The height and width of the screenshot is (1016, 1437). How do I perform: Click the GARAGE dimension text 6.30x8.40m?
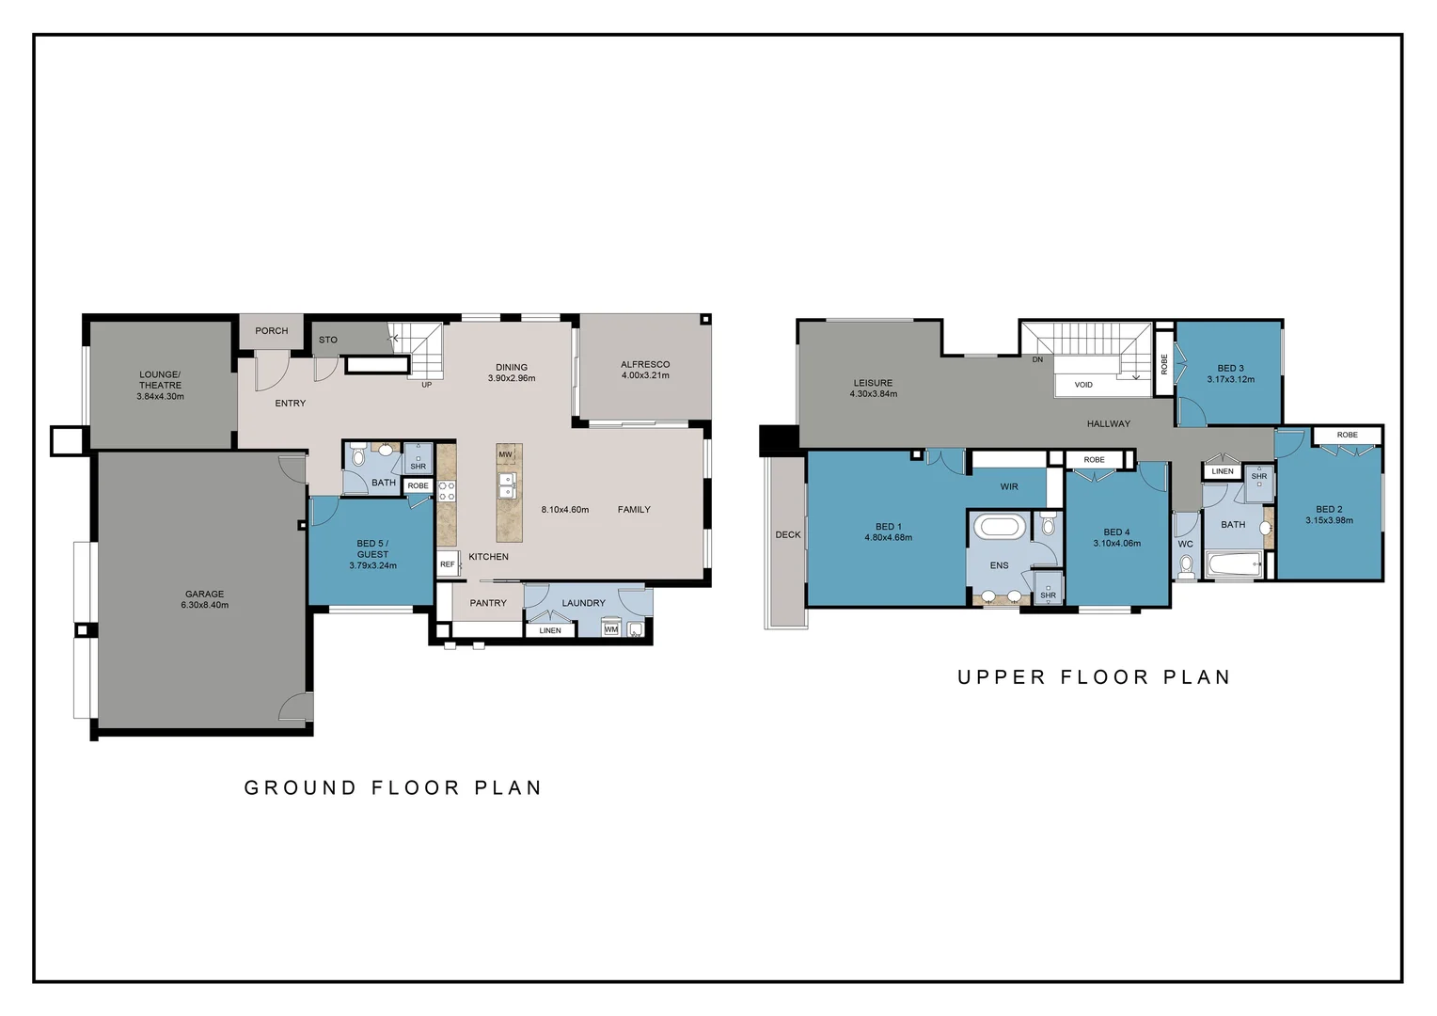pos(204,605)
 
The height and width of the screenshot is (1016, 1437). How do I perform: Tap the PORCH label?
pos(271,331)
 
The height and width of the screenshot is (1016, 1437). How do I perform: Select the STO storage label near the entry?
pos(327,340)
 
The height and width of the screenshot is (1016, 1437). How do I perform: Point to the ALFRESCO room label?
pos(645,365)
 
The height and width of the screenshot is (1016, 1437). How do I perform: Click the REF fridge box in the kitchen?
pos(448,564)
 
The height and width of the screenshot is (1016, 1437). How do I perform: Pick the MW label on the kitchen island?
pos(505,454)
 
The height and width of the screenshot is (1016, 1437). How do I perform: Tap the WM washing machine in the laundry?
pos(611,629)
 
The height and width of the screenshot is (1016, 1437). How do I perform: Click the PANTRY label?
pos(488,603)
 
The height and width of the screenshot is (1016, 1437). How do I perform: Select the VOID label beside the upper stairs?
pos(1083,385)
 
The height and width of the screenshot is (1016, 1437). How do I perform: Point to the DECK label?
pos(788,534)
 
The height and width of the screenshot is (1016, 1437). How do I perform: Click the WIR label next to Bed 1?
pos(1009,486)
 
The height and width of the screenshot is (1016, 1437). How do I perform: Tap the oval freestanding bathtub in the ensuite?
pos(999,526)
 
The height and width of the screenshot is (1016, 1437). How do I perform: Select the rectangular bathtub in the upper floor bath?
pos(1234,565)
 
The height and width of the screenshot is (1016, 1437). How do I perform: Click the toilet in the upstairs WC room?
pos(1186,564)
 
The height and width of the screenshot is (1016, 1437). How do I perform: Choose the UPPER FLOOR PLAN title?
pos(1094,677)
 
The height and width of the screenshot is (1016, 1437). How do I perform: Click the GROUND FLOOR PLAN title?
pos(393,787)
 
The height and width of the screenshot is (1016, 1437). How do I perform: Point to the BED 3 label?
pos(1230,369)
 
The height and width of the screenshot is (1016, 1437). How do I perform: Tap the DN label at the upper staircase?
pos(1037,359)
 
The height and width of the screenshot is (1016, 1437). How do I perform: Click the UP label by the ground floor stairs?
pos(426,385)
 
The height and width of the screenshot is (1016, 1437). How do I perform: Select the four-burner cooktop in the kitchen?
pos(447,491)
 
